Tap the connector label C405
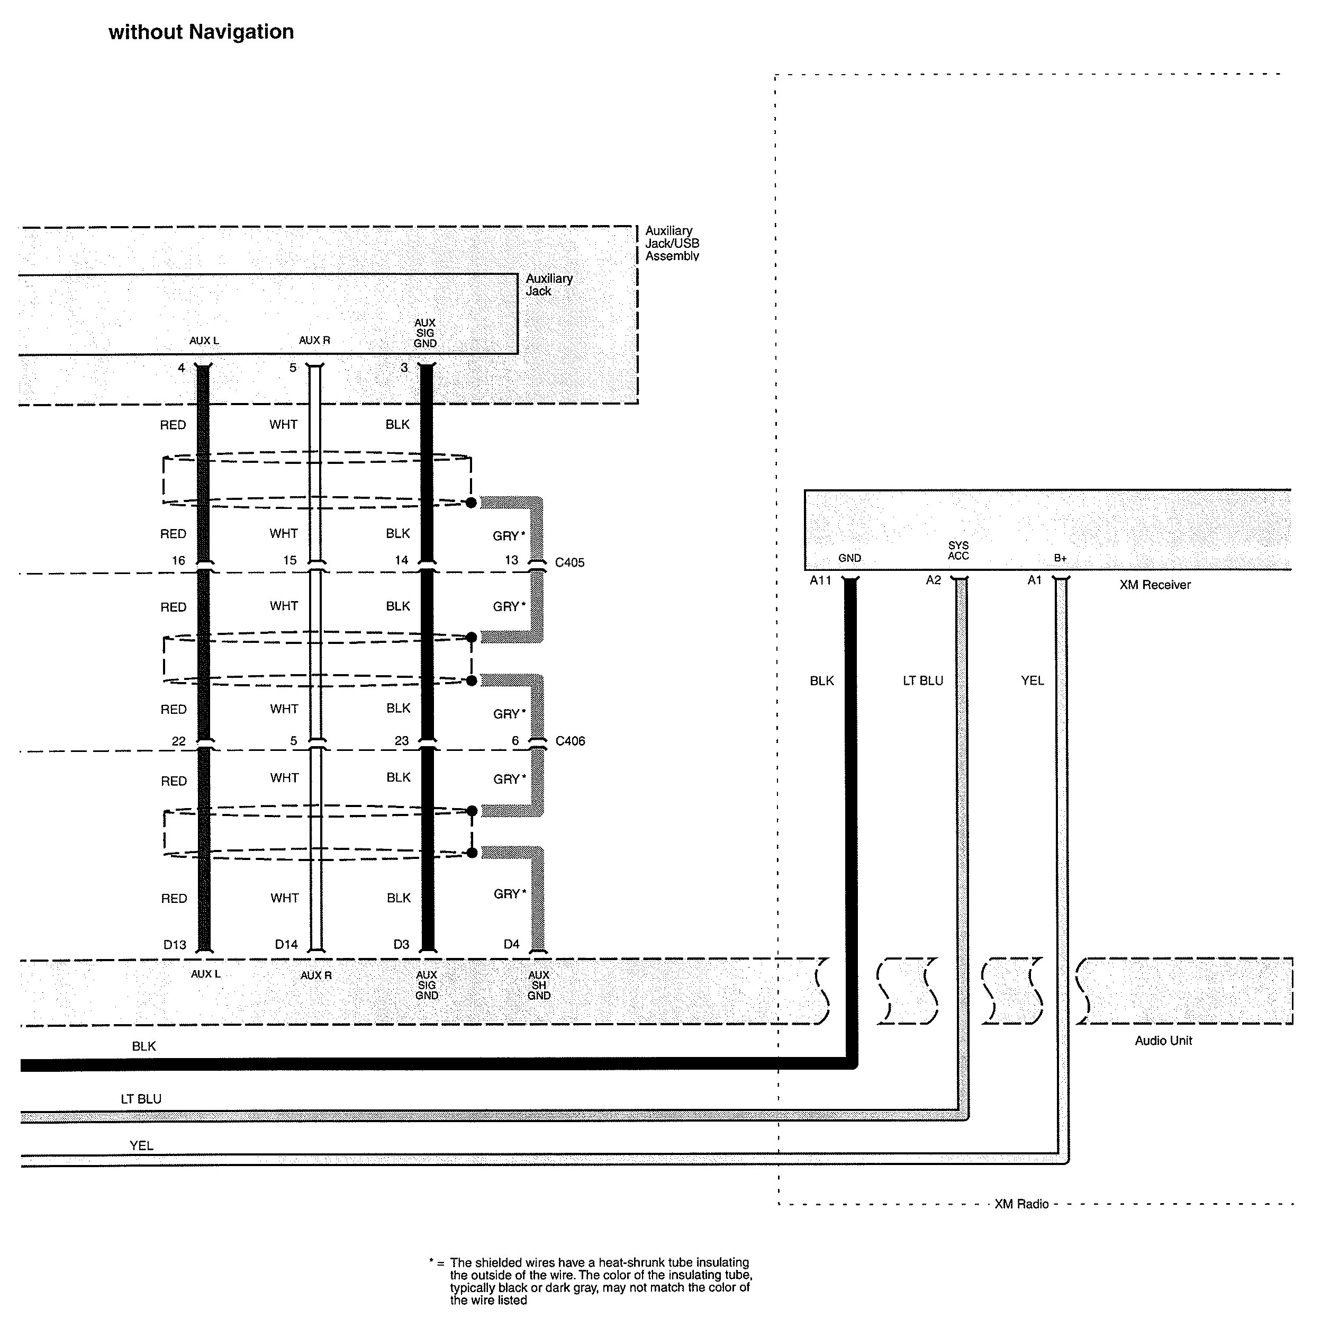coord(569,562)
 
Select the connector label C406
coord(570,741)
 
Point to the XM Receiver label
coord(1155,585)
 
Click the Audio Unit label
coord(1163,1041)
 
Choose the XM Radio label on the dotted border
coord(1021,1204)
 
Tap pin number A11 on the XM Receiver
coord(820,581)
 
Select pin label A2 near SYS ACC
coord(933,580)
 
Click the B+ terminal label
coord(1060,558)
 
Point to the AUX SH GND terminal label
coord(539,985)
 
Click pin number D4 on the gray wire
coord(511,944)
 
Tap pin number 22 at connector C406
coord(178,741)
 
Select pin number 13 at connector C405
coord(511,560)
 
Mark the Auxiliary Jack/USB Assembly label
coord(672,244)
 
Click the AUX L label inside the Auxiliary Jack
coord(204,341)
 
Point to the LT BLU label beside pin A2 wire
coord(923,680)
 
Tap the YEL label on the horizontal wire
coord(141,1145)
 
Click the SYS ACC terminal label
coord(958,551)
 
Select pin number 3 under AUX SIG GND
coord(404,368)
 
